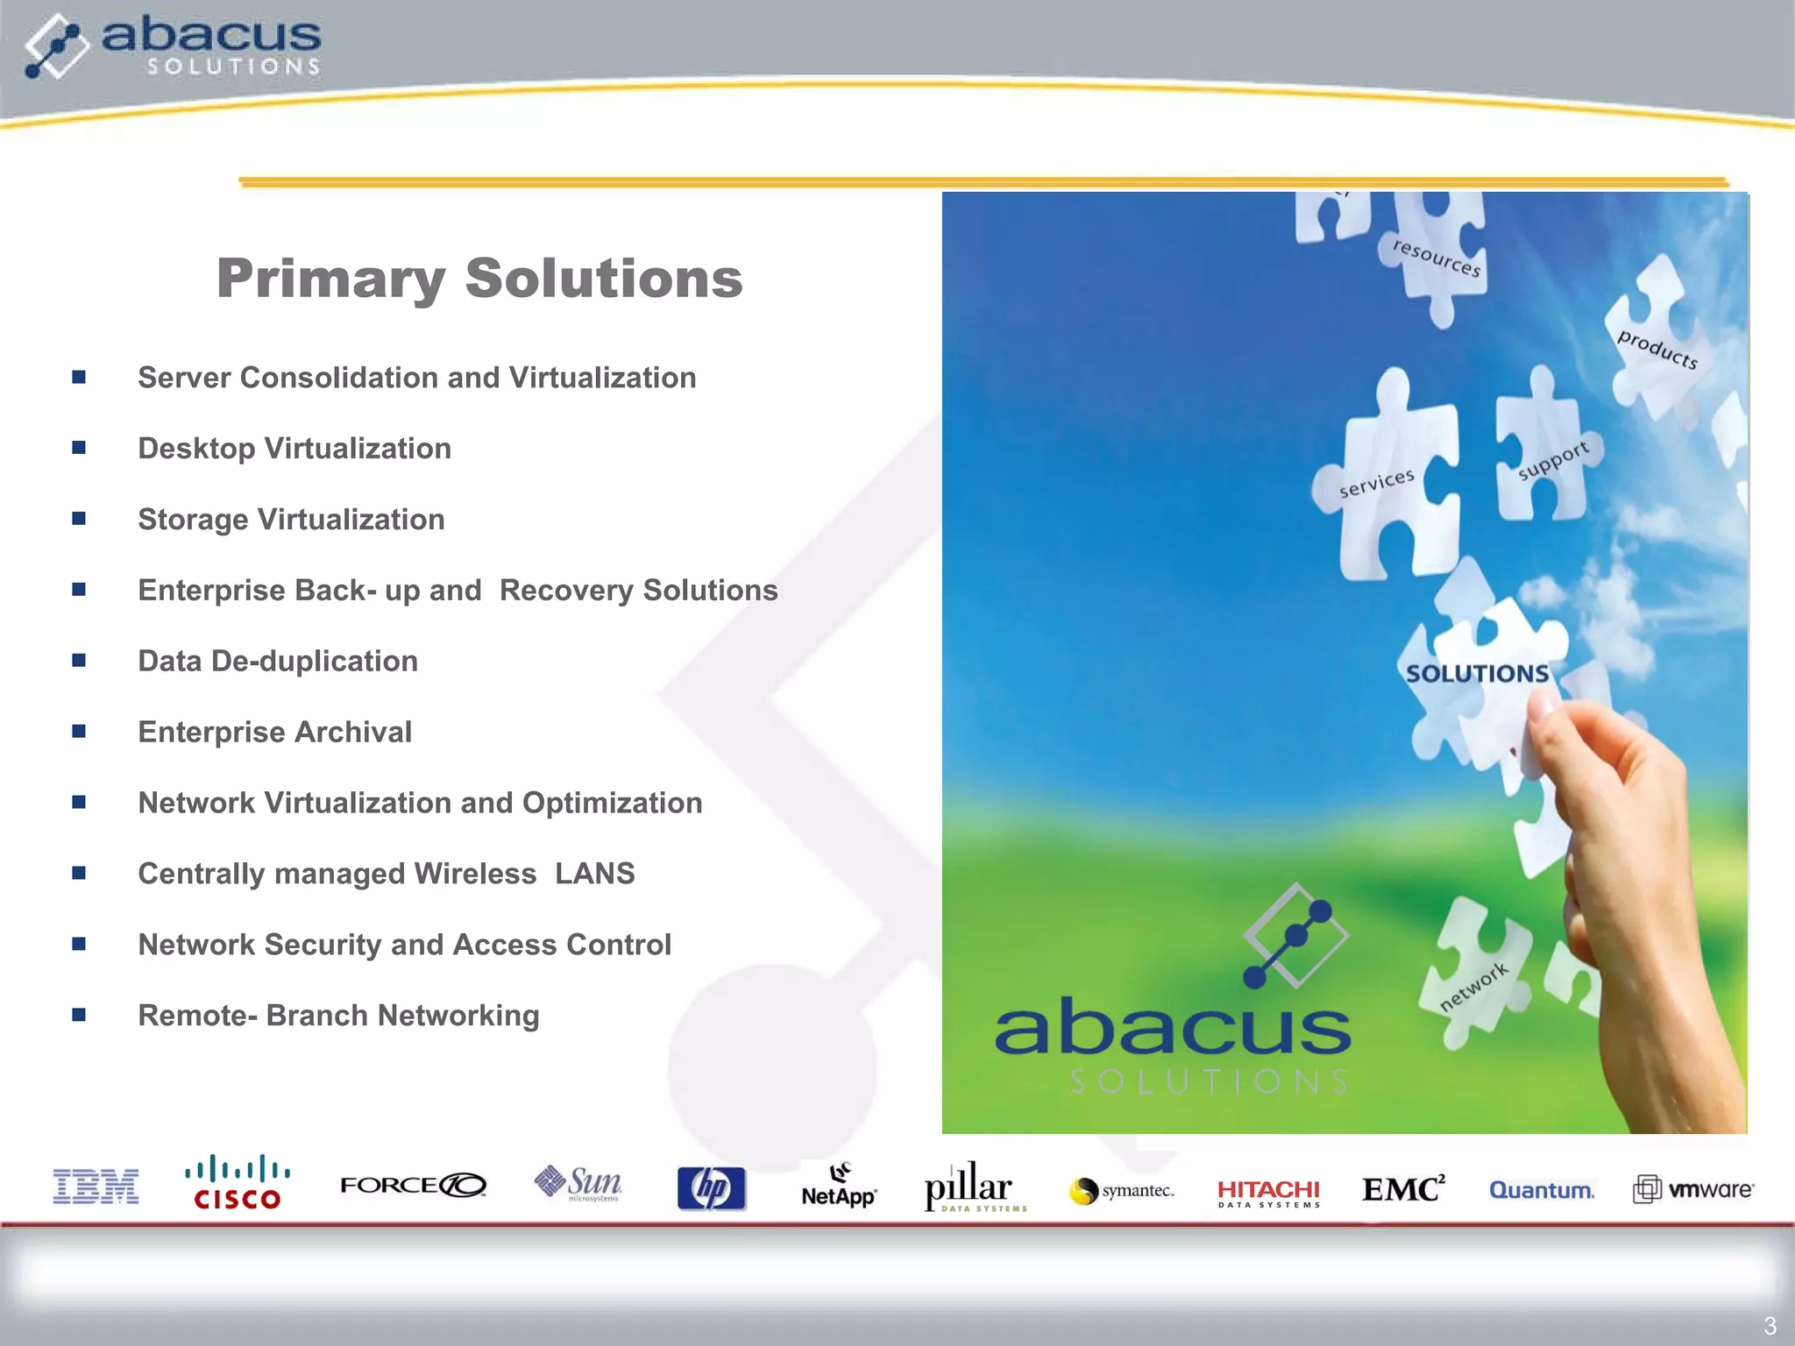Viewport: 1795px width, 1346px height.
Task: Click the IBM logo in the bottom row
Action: click(x=96, y=1187)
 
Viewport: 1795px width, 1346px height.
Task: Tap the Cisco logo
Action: click(x=237, y=1184)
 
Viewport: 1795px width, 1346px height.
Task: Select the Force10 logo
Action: click(x=413, y=1185)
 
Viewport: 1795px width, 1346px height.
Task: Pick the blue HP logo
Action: click(x=711, y=1189)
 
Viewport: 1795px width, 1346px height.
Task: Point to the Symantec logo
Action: click(x=1122, y=1191)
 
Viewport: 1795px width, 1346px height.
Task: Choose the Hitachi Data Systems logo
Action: click(x=1268, y=1193)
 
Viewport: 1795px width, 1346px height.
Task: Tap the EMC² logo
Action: click(x=1403, y=1189)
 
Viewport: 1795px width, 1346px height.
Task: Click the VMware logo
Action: click(x=1693, y=1189)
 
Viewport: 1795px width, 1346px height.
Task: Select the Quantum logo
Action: click(x=1542, y=1190)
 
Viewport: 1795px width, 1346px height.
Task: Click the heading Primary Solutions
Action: click(x=479, y=279)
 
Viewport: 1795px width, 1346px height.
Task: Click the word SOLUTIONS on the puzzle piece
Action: click(x=1478, y=674)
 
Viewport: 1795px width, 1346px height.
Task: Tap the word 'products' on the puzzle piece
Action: click(x=1657, y=349)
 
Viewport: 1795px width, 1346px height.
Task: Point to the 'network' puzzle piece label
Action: click(x=1474, y=986)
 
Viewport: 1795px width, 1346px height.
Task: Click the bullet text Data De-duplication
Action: click(x=278, y=661)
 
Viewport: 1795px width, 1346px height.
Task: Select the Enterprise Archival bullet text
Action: click(x=274, y=732)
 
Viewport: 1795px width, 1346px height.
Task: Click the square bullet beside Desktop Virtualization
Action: click(x=79, y=448)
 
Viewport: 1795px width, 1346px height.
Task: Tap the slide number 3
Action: click(x=1770, y=1325)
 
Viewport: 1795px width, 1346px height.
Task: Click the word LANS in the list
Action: click(x=594, y=874)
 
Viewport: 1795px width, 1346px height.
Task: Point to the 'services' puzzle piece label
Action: click(x=1377, y=483)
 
